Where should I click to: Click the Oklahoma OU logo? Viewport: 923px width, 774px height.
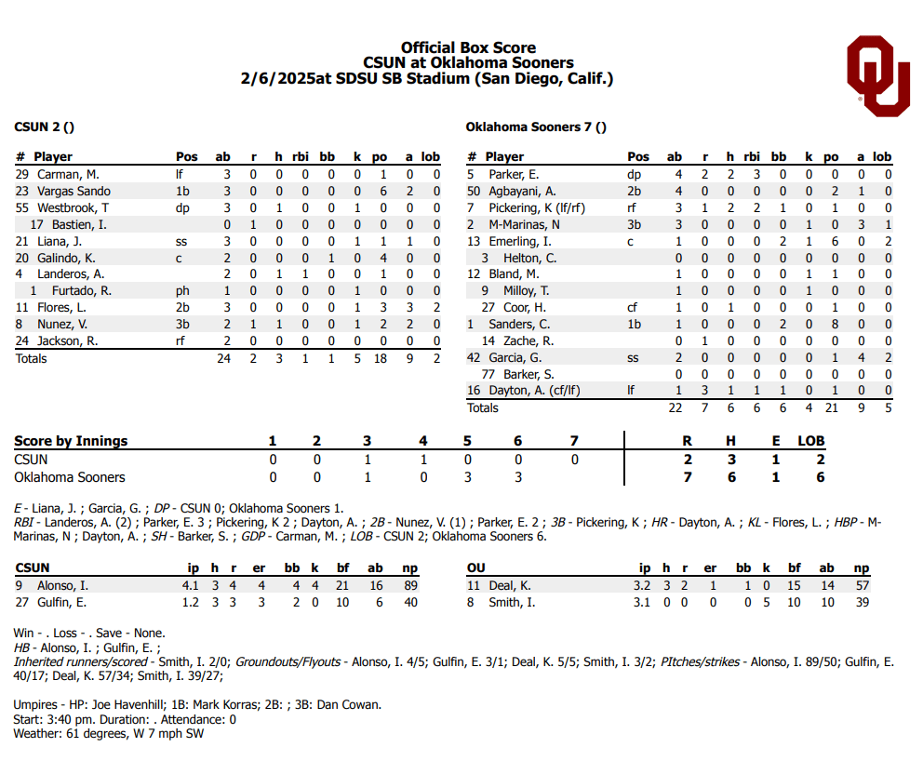877,75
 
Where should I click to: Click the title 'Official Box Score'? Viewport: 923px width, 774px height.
468,47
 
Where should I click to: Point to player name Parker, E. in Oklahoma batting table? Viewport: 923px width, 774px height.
515,174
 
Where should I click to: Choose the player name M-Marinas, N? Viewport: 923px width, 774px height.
526,224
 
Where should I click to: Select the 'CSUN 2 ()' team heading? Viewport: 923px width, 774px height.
44,127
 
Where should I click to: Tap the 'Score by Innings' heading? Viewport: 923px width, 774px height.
71,441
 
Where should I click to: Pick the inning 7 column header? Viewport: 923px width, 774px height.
574,441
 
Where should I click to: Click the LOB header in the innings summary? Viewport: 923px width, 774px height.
810,441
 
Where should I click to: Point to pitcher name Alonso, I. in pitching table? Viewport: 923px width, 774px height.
62,585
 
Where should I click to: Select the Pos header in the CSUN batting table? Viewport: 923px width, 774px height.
186,157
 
